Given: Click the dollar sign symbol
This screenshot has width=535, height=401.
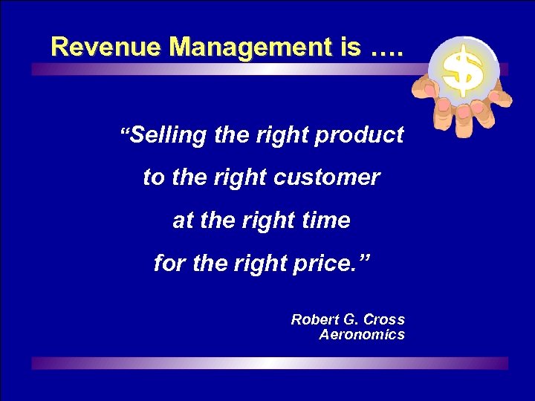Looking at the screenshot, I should pos(462,71).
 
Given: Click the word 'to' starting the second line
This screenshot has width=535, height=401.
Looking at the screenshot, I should pos(153,178).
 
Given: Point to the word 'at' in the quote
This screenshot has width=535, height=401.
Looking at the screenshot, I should pos(181,221).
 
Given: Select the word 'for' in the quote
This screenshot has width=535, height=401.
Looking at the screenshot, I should pos(168,263).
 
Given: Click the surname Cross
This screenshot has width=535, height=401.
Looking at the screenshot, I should pos(386,320).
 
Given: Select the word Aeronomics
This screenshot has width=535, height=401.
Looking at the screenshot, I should pos(362,335).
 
